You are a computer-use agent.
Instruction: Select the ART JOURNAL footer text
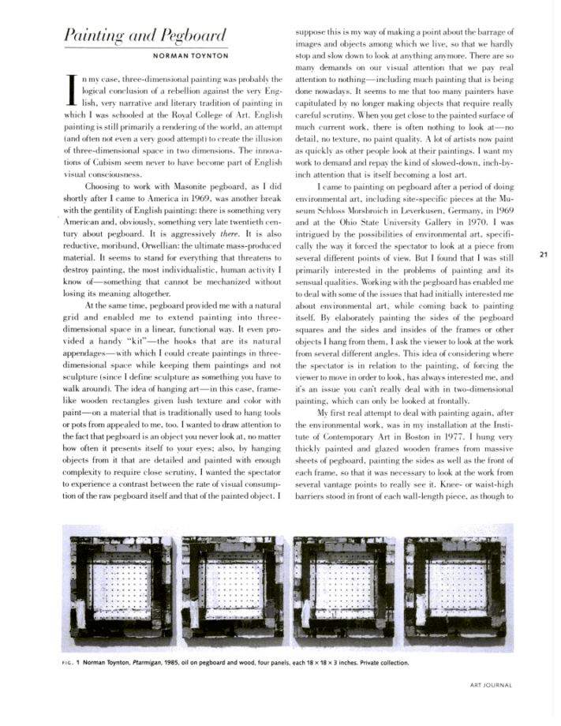pos(490,686)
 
